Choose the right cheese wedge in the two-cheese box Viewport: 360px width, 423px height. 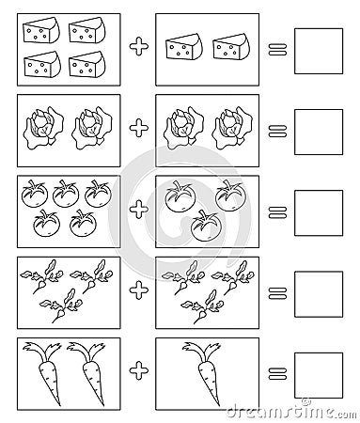pos(229,47)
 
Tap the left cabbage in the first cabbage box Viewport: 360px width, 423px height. pos(41,126)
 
